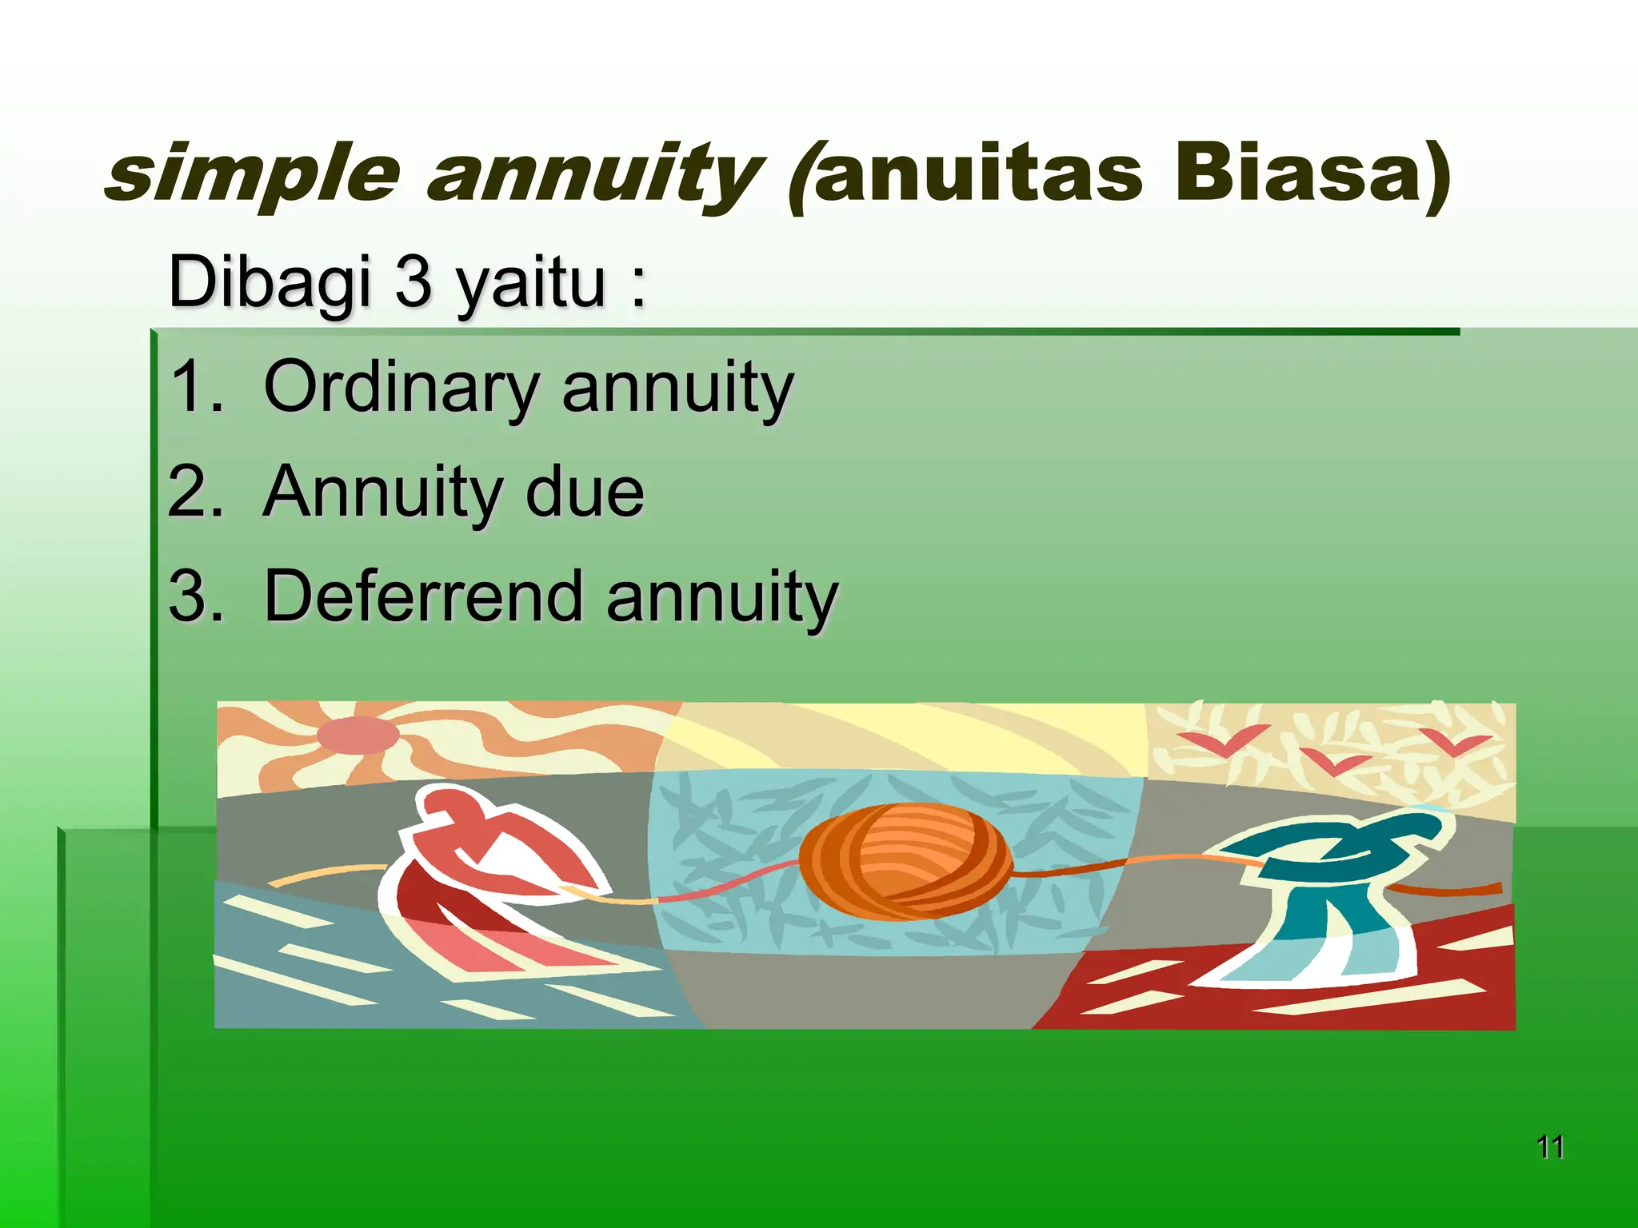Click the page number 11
(1550, 1147)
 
